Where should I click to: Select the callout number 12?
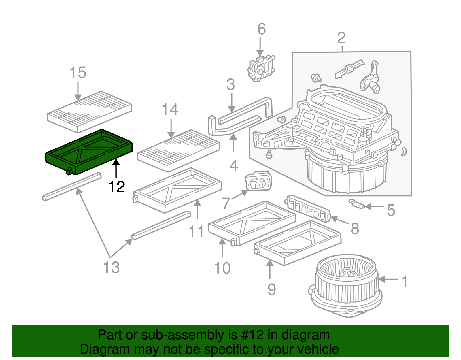[x=116, y=187]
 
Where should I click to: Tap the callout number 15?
[x=78, y=73]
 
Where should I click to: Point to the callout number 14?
[x=170, y=110]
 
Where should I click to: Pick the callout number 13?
[x=112, y=267]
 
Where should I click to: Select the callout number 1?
[x=405, y=281]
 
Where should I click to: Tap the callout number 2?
[x=341, y=38]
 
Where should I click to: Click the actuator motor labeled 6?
[x=261, y=68]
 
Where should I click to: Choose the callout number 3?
[x=231, y=84]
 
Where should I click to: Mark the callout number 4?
[x=234, y=166]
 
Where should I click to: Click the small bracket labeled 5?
[x=357, y=203]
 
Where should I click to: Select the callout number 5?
[x=391, y=210]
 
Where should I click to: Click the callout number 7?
[x=226, y=203]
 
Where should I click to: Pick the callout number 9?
[x=271, y=289]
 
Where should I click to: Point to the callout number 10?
[x=222, y=268]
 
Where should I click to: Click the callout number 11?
[x=196, y=231]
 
